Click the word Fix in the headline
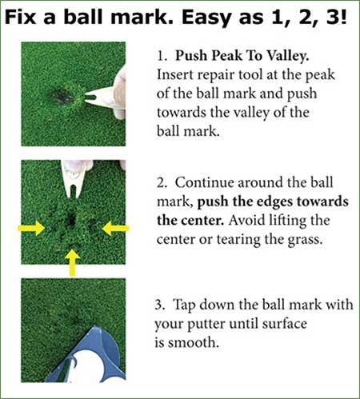tap(21, 18)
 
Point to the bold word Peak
tap(227, 56)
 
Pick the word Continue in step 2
tap(204, 183)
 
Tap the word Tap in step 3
tap(184, 305)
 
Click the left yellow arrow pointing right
tap(31, 228)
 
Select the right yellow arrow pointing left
tap(115, 228)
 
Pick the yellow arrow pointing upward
tap(72, 263)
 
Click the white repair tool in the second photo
tap(73, 178)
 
